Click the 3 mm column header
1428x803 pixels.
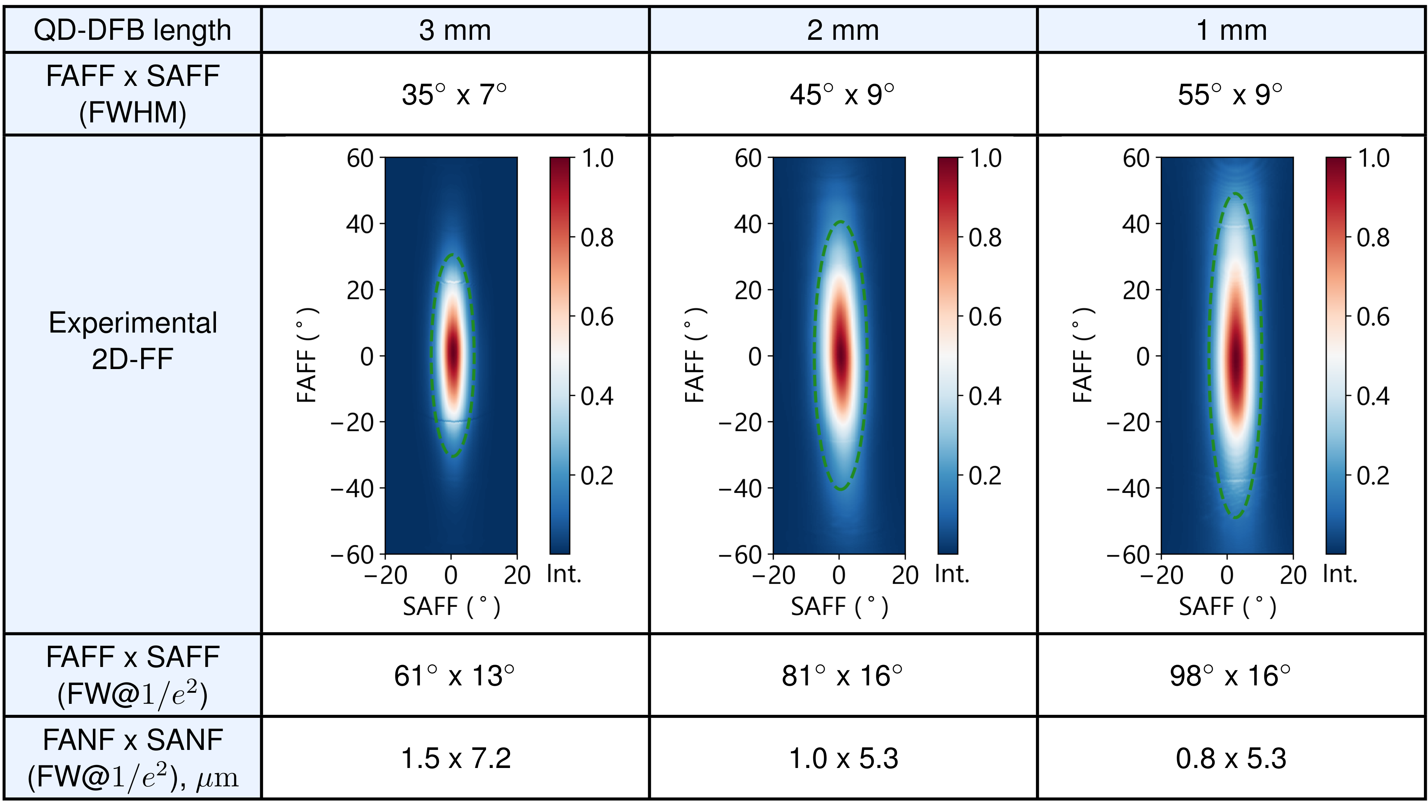pyautogui.click(x=455, y=30)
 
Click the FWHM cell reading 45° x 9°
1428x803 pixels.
pyautogui.click(x=842, y=94)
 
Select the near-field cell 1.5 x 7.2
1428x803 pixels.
pyautogui.click(x=455, y=758)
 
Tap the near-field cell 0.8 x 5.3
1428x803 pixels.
pyautogui.click(x=1230, y=758)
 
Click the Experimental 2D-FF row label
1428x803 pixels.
pyautogui.click(x=133, y=341)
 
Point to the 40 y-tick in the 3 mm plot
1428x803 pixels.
pyautogui.click(x=360, y=224)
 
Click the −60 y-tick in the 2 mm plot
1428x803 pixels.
pyautogui.click(x=741, y=555)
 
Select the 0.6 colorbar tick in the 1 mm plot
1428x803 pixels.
pyautogui.click(x=1373, y=317)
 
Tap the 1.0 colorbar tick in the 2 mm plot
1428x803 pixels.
pyautogui.click(x=985, y=159)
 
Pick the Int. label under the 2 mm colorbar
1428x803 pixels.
pyautogui.click(x=952, y=574)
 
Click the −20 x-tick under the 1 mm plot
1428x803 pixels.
pyautogui.click(x=1161, y=576)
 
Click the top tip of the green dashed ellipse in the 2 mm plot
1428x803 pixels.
pyautogui.click(x=841, y=222)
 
